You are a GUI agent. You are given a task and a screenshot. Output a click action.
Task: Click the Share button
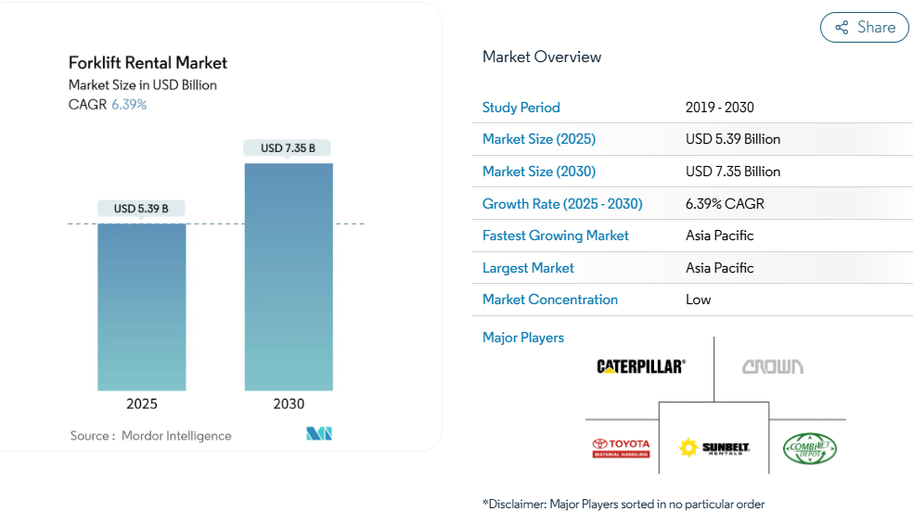[x=864, y=27]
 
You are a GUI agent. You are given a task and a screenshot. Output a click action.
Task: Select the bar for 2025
[x=142, y=306]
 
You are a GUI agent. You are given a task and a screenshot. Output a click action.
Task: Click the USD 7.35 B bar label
[x=288, y=147]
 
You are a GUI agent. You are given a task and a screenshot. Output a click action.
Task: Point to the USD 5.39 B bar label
[x=141, y=209]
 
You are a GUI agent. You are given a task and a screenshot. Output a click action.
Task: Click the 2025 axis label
[x=142, y=403]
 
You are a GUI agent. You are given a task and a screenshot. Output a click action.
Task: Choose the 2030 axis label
[x=289, y=403]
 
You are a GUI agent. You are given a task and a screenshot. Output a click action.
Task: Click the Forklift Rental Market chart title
[x=148, y=63]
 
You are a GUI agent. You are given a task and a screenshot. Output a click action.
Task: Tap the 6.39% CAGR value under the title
[x=129, y=104]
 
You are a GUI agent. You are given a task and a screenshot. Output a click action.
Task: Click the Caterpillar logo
[x=641, y=366]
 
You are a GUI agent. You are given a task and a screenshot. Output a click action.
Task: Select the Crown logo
[x=773, y=366]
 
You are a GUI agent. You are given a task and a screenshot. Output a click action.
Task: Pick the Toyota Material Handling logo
[x=621, y=448]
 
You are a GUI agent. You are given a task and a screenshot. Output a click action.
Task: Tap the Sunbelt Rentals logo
[x=714, y=448]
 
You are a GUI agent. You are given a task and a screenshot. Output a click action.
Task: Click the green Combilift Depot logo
[x=810, y=449]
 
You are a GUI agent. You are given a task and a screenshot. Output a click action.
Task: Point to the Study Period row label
[x=521, y=108]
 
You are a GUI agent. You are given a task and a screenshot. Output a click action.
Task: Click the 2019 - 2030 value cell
[x=720, y=108]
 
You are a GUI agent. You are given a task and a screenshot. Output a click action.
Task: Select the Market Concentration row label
[x=550, y=300]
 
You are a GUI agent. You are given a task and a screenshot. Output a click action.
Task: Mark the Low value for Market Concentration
[x=699, y=300]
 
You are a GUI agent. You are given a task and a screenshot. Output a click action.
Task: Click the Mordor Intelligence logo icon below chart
[x=319, y=434]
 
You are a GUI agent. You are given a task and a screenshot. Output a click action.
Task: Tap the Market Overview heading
[x=542, y=57]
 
